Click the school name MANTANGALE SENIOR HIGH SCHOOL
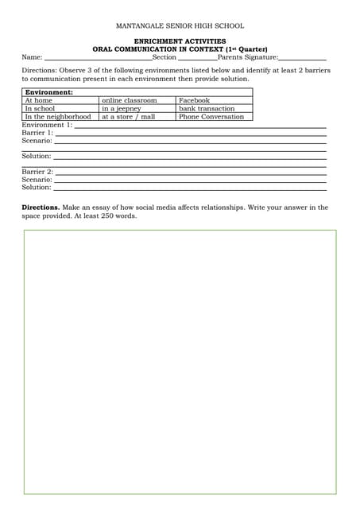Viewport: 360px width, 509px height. coord(180,25)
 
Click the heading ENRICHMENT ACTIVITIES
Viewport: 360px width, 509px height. coord(180,41)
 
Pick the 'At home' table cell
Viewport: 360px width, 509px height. coord(39,101)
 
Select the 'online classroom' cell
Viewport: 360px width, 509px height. coord(129,101)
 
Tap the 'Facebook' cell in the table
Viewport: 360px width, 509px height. coord(195,101)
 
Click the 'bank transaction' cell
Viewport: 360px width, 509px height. coord(207,109)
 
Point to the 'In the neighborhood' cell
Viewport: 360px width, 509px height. coord(58,117)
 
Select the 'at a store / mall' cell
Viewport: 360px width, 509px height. coord(128,117)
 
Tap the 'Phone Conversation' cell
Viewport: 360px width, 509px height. coord(211,117)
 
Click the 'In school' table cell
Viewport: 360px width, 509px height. coord(40,109)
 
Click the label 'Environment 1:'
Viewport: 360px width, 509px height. coord(47,125)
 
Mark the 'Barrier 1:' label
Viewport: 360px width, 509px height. coord(37,133)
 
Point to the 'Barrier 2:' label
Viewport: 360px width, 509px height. coord(37,172)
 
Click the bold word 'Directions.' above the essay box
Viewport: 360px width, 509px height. coord(40,208)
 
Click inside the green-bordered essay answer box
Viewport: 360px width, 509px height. coord(180,362)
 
